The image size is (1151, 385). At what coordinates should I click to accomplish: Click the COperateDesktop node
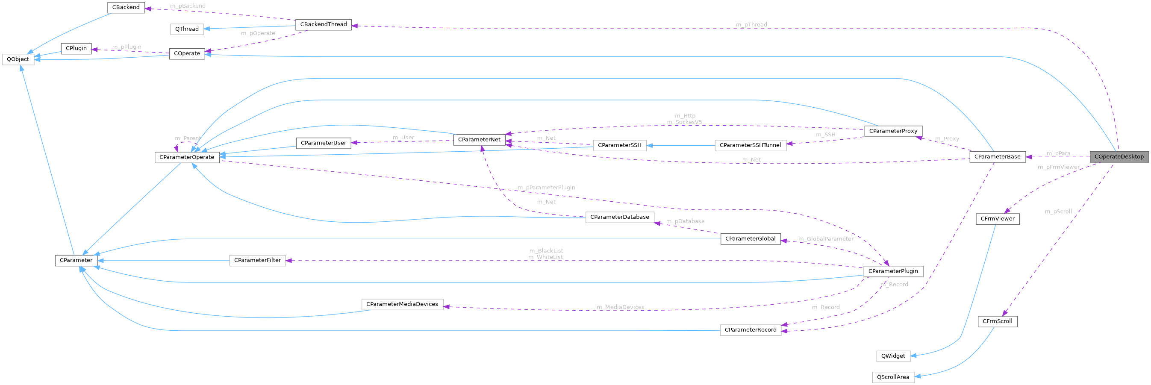(x=1119, y=157)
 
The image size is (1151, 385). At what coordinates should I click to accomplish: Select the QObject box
(x=18, y=59)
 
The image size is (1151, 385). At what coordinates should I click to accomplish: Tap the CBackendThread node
(x=324, y=24)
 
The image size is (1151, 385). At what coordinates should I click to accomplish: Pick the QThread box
(x=187, y=29)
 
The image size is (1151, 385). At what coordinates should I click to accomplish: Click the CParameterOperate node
(x=187, y=157)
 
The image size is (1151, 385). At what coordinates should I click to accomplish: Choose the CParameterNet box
(x=479, y=140)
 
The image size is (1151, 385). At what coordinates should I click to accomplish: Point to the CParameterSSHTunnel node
(x=750, y=145)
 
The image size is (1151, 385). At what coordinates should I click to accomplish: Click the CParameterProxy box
(x=893, y=131)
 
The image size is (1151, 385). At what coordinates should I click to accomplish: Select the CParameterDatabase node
(x=619, y=217)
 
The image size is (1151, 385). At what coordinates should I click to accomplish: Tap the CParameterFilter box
(x=257, y=260)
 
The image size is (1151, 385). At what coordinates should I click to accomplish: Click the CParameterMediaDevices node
(x=402, y=304)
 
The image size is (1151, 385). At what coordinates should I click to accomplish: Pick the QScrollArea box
(x=893, y=377)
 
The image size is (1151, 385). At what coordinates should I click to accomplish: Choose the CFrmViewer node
(x=997, y=219)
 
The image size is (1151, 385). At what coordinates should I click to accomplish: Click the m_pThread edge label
(x=751, y=24)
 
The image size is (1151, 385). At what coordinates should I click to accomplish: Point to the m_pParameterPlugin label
(x=546, y=188)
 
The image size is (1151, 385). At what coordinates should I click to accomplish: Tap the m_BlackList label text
(x=546, y=251)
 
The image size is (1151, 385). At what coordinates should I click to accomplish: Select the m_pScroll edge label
(x=1058, y=212)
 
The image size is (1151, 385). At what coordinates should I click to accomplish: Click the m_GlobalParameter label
(x=826, y=239)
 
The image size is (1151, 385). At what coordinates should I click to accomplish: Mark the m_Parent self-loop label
(x=188, y=138)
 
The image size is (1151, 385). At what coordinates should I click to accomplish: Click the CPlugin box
(x=76, y=49)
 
